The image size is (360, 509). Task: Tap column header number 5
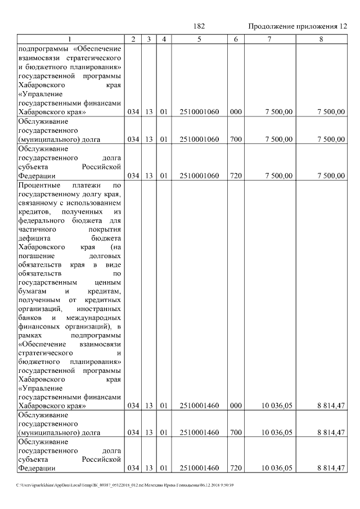point(199,39)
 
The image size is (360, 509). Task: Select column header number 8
point(321,39)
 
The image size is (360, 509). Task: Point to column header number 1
point(69,39)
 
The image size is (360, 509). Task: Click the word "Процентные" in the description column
point(39,185)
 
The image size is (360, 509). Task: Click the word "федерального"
point(43,220)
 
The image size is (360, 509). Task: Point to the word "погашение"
point(37,256)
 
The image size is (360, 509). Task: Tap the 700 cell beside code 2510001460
point(236,433)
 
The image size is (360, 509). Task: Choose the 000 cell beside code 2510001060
point(236,112)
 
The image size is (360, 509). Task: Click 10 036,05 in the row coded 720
point(278,468)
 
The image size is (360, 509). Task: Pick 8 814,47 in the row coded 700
point(330,433)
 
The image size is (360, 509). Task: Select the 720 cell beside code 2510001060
point(236,176)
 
